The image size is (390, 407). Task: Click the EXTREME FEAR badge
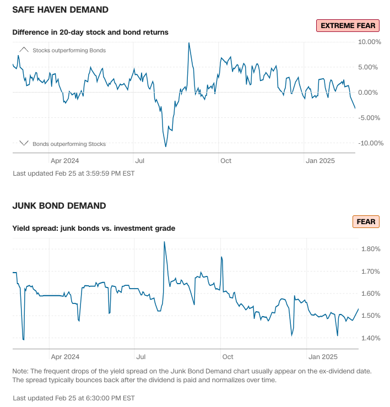coord(348,25)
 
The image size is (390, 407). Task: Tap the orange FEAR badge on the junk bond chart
coord(366,222)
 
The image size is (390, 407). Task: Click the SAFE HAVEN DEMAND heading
coord(60,10)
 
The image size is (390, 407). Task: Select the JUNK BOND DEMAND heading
coord(59,206)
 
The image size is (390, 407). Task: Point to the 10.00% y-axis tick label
coord(370,42)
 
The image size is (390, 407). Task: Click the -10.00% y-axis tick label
coord(370,143)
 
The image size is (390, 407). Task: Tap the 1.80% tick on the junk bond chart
coord(370,249)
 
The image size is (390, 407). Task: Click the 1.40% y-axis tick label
coord(370,338)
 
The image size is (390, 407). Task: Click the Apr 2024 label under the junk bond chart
coord(64,356)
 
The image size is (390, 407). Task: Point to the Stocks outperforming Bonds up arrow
coord(24,50)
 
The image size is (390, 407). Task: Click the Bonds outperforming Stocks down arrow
coord(24,143)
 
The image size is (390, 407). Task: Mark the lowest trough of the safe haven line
coord(166,146)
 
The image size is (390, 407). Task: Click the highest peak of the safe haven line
coord(189,43)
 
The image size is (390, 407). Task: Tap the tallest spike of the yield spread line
coord(164,242)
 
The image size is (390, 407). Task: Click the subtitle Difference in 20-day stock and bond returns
coord(90,32)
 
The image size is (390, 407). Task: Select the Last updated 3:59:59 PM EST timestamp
coord(73,173)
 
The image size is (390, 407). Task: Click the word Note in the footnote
coord(21,371)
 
